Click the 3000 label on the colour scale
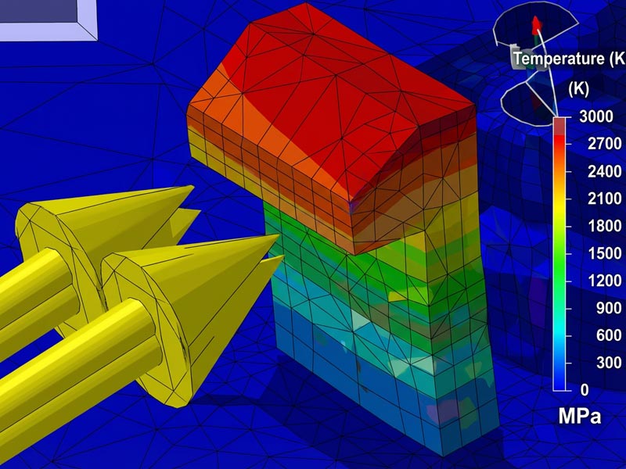[595, 116]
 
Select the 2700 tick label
[604, 144]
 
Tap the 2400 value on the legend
[604, 171]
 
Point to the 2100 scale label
[604, 199]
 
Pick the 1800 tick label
[604, 226]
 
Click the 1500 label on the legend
[604, 253]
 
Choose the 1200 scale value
[604, 281]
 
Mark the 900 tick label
[609, 308]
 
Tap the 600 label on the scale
[609, 335]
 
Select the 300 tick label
[609, 363]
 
